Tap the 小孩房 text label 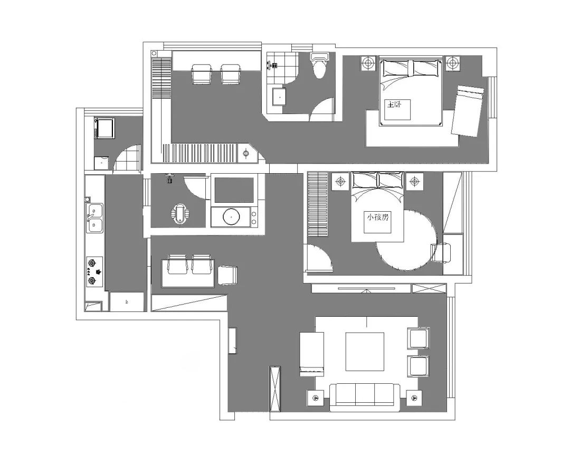[378, 217]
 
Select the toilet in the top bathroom [319, 65]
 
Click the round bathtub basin [231, 217]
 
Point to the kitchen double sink [94, 218]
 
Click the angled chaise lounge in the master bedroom [468, 111]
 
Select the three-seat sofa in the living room [365, 397]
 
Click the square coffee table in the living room [365, 352]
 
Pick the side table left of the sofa [316, 398]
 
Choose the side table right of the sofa [414, 398]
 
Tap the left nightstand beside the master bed [368, 63]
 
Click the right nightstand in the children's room [414, 181]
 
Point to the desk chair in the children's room [441, 252]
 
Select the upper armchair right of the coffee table [419, 338]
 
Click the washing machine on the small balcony [104, 128]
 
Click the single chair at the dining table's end [227, 275]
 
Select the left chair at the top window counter [202, 74]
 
